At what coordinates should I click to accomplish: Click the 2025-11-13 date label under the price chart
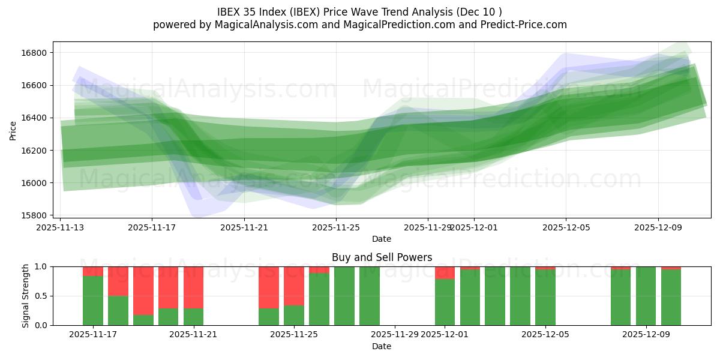tap(60, 227)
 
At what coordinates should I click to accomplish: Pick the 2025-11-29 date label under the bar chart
tap(394, 334)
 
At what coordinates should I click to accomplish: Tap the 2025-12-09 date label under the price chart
tap(658, 227)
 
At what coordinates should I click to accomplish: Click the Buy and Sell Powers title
tap(382, 257)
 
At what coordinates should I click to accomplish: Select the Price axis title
tap(13, 130)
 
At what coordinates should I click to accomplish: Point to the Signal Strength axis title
tap(25, 296)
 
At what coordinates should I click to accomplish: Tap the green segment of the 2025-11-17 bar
tap(93, 301)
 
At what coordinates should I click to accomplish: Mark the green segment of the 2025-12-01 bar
tap(445, 302)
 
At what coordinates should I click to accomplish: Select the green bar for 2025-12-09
tap(646, 296)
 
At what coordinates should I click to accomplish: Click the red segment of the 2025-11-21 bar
tap(193, 287)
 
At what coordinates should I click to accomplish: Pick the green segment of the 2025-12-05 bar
tap(545, 298)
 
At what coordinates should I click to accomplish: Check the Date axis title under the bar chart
tap(382, 346)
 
